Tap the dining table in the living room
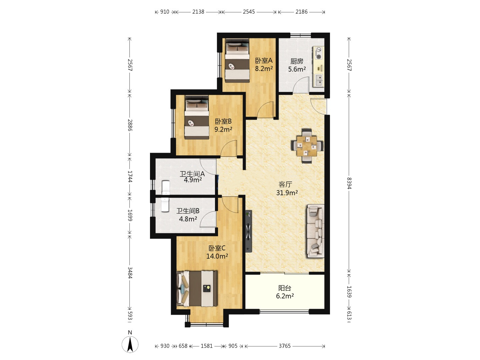click(307, 146)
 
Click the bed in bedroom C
click(197, 289)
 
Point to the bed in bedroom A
click(237, 61)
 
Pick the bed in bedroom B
click(197, 117)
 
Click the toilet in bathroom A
click(166, 187)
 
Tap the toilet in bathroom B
click(165, 205)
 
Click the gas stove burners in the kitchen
click(318, 53)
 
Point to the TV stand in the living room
click(249, 231)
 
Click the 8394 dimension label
click(349, 183)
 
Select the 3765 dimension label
click(285, 346)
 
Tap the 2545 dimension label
click(249, 12)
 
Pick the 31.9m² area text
click(287, 193)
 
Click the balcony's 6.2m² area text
click(285, 296)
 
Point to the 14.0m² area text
click(217, 256)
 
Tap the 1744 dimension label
click(130, 176)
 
